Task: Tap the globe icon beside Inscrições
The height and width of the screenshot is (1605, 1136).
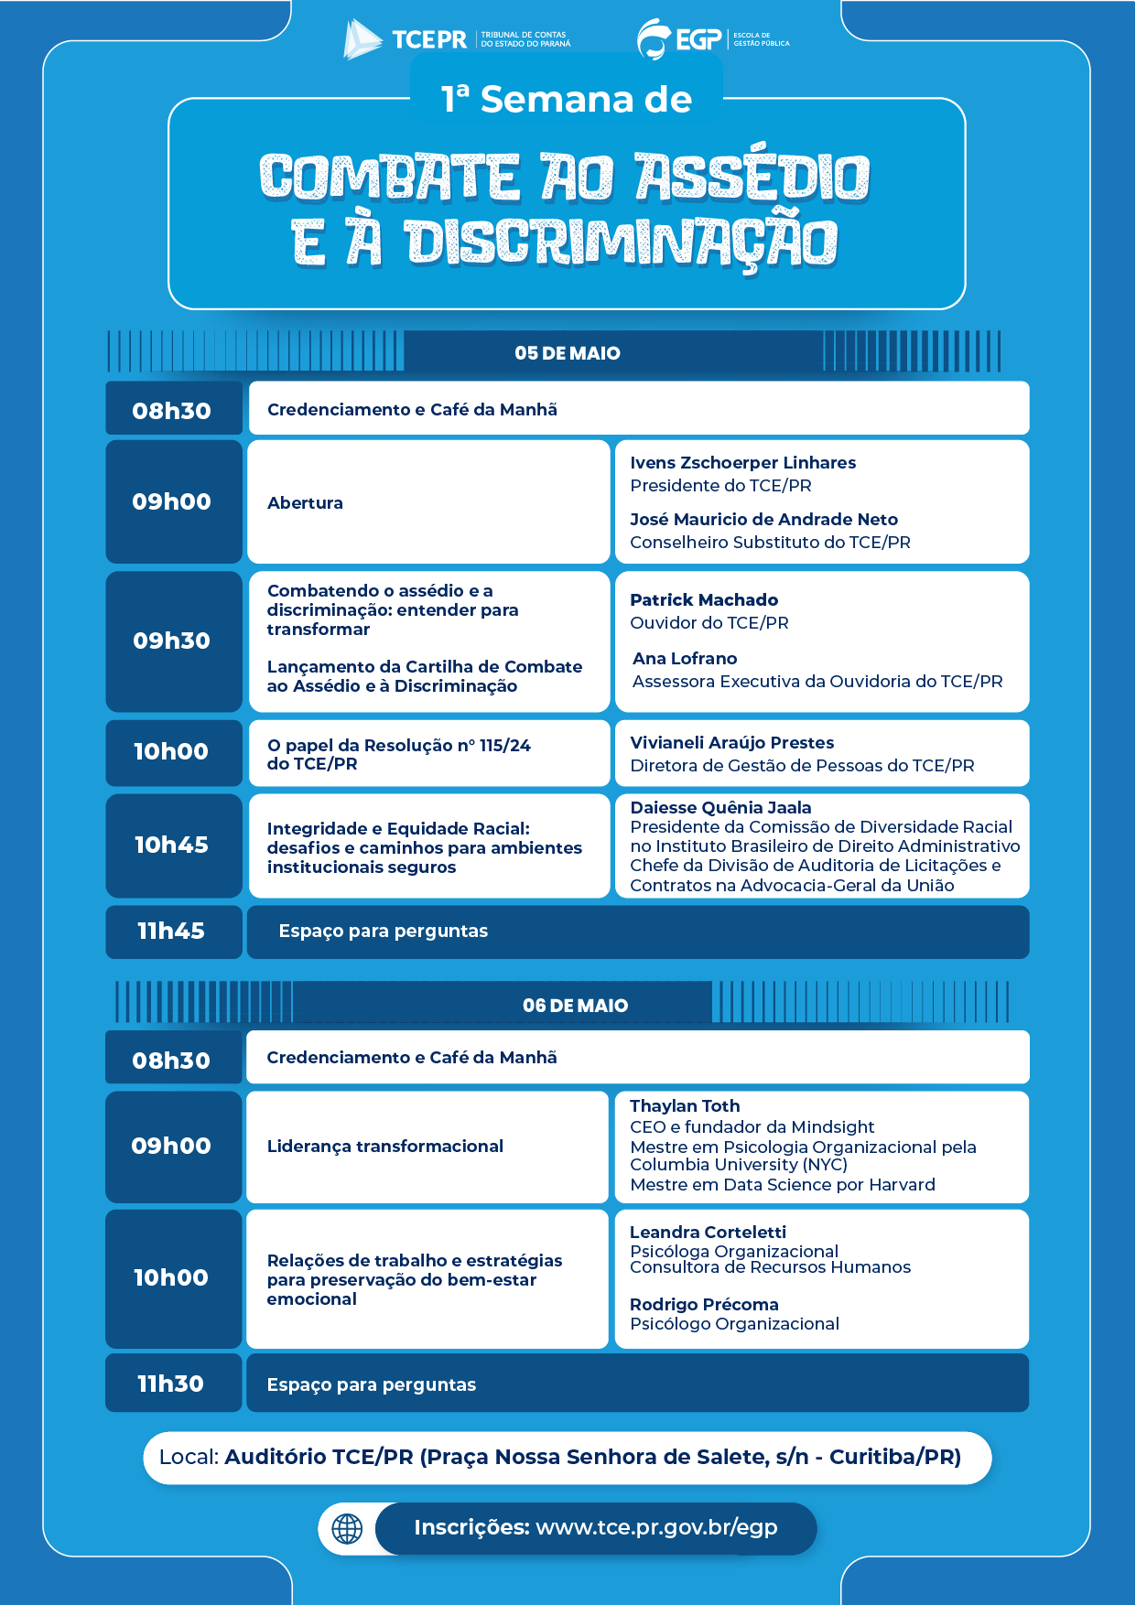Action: click(x=347, y=1528)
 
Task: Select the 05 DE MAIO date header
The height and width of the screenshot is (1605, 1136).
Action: click(x=567, y=353)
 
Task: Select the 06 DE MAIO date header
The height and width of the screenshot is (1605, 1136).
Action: click(x=575, y=1006)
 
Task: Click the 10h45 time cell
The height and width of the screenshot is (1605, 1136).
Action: click(x=172, y=845)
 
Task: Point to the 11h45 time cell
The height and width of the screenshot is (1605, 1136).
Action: click(x=172, y=932)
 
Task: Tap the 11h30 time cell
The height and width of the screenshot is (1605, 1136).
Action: click(x=171, y=1384)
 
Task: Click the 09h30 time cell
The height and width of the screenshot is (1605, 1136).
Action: click(x=172, y=641)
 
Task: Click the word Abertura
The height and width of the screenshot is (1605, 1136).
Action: click(x=305, y=503)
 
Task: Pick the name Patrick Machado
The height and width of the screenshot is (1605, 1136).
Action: click(x=704, y=600)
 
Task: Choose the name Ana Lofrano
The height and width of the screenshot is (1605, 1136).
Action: click(x=685, y=659)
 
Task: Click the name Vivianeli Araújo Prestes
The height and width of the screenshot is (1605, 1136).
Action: click(x=731, y=743)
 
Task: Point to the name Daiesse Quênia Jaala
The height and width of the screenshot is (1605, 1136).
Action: click(x=720, y=807)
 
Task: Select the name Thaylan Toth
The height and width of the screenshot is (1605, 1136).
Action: click(x=685, y=1106)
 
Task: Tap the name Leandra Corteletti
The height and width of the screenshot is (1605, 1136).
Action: click(x=708, y=1233)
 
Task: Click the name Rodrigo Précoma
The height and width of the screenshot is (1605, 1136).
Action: click(x=704, y=1305)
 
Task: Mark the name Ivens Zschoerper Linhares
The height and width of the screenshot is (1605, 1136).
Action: click(x=742, y=463)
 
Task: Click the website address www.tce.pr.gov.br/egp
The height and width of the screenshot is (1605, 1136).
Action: click(x=656, y=1527)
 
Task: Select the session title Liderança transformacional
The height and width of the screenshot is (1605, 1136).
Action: click(x=385, y=1147)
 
